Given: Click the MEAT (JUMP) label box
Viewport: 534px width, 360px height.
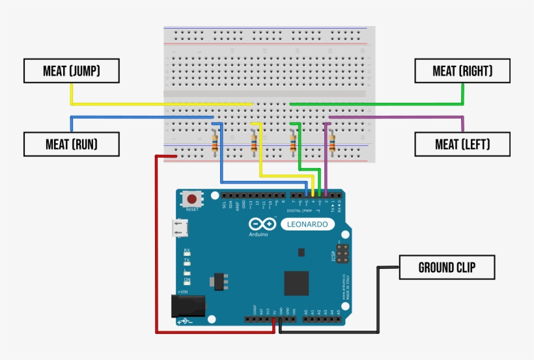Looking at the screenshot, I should [72, 71].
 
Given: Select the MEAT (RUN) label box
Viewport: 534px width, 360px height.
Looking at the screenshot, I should [72, 145].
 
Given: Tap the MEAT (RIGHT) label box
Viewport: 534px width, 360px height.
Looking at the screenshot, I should [462, 71].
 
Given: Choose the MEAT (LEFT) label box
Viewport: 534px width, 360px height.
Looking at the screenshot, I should [462, 145].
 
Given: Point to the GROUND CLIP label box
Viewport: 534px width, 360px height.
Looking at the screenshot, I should [447, 268].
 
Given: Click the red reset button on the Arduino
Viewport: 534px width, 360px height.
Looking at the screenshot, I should [192, 199].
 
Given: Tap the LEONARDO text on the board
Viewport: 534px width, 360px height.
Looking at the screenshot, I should [308, 225].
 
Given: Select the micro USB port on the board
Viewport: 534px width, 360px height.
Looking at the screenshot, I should [178, 228].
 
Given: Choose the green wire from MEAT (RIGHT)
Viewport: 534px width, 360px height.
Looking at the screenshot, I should [391, 104].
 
